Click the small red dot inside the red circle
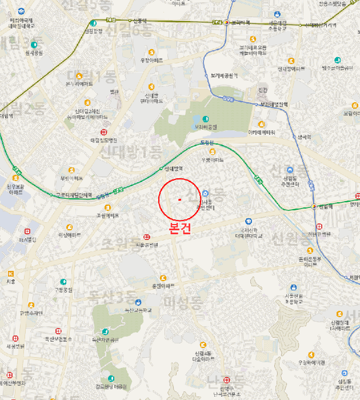point(179,199)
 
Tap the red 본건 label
point(181,227)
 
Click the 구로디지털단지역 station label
point(74,195)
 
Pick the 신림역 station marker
point(314,206)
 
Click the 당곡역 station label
point(303,137)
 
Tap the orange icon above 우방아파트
point(213,151)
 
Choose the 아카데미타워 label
point(261,132)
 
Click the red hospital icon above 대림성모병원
point(103,131)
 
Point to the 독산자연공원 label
point(105,339)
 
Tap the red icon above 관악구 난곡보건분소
point(226,379)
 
